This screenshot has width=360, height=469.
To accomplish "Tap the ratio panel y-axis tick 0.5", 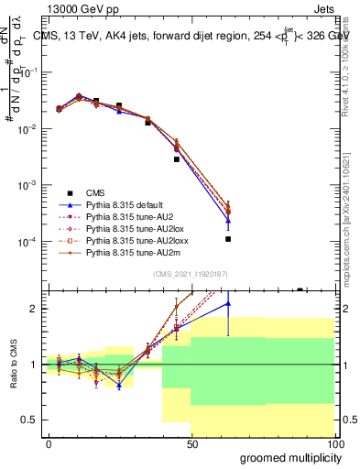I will point(29,420).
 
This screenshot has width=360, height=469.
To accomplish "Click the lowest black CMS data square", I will point(228,239).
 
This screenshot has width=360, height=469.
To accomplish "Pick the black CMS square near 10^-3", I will point(177,158).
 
